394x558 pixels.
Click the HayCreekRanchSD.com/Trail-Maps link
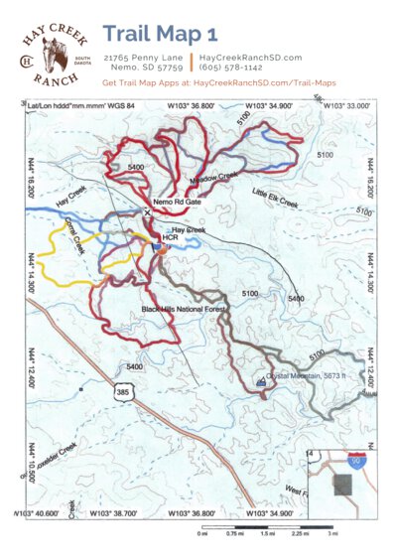(264, 86)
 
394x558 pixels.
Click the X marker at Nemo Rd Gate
(148, 212)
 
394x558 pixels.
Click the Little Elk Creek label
(275, 200)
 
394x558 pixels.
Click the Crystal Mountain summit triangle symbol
(262, 380)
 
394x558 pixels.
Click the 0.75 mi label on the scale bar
(235, 533)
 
